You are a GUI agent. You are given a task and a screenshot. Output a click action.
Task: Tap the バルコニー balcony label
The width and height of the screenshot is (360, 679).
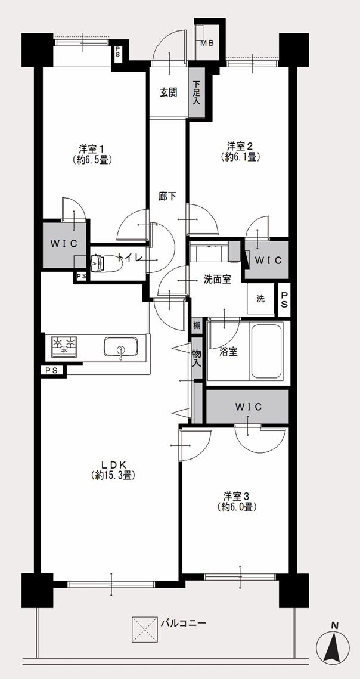point(183,624)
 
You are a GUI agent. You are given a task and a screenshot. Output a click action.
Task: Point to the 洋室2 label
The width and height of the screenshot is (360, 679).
point(240,145)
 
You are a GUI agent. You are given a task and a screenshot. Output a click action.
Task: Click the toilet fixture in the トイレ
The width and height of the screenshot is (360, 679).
point(103,262)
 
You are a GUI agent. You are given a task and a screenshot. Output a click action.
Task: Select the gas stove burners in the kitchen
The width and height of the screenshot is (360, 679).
point(64,346)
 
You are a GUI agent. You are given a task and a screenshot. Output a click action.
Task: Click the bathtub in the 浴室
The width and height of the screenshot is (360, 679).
point(266,351)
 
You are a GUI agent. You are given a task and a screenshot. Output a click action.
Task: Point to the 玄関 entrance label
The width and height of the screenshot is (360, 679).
point(169,92)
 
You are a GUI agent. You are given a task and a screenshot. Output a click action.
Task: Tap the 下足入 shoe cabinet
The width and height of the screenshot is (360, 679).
point(197,92)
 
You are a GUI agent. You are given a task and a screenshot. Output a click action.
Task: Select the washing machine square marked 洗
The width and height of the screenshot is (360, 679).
point(261,298)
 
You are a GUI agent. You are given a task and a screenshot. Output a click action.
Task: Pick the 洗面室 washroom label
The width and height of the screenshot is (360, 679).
point(217,280)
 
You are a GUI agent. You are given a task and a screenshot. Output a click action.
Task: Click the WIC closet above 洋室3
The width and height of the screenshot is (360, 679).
point(247,406)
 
